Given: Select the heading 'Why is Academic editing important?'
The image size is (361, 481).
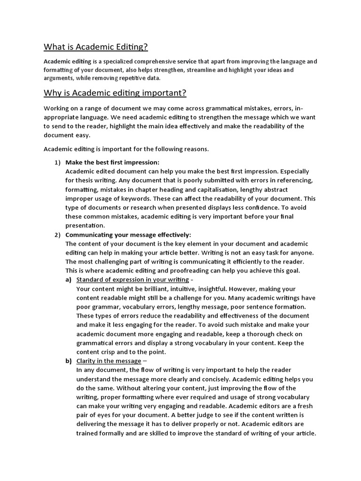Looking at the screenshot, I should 115,93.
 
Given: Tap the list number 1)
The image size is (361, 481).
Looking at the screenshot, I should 57,162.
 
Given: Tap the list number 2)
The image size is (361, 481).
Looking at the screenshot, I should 57,235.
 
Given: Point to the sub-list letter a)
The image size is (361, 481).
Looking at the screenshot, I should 69,280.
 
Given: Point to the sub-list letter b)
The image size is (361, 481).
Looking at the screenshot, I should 69,361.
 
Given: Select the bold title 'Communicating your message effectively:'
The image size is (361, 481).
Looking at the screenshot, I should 128,235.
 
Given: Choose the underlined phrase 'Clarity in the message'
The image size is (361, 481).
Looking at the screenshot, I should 109,361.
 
